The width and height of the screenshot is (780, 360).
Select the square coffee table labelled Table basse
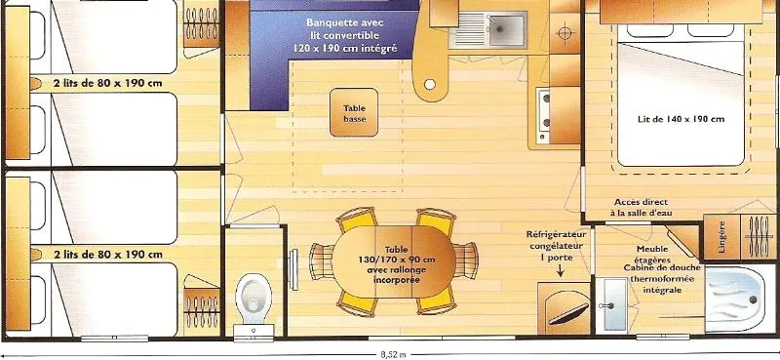point(354,113)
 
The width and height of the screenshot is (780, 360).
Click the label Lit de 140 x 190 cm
point(668,119)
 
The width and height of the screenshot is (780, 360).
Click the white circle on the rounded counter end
point(429,85)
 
